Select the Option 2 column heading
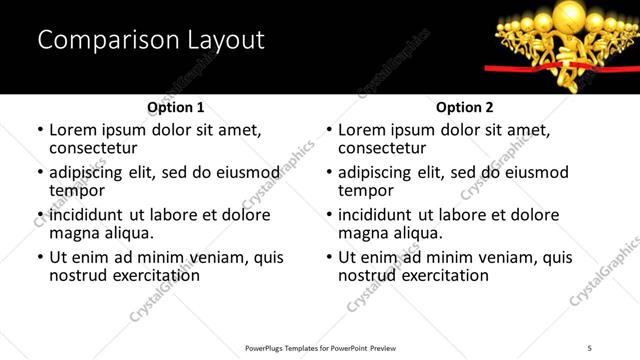point(464,107)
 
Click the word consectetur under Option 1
point(92,148)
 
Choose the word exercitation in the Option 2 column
point(443,275)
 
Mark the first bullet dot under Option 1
point(40,130)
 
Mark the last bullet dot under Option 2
point(329,257)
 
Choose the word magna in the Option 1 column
point(72,233)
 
